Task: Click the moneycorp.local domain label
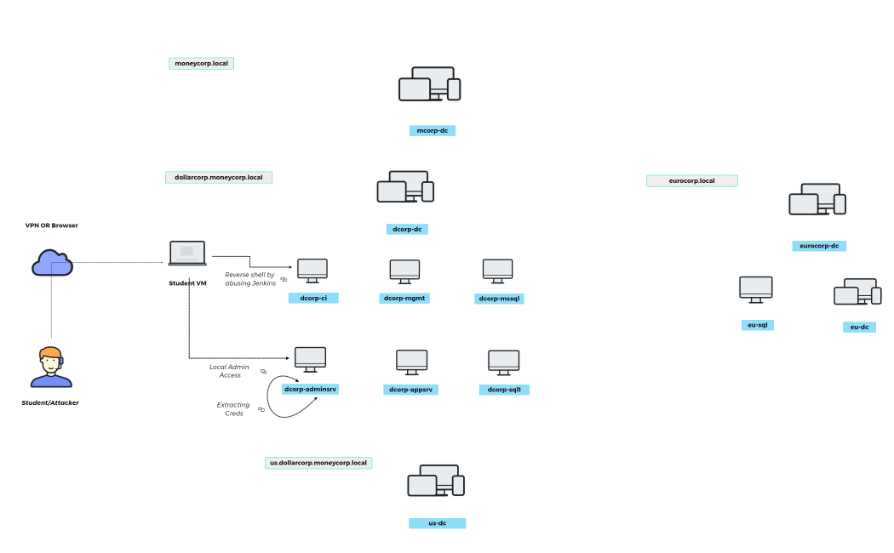coord(201,63)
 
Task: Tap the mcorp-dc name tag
coord(432,130)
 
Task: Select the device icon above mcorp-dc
coord(430,84)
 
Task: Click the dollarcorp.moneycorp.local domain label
coord(218,177)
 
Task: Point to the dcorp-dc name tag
coord(406,229)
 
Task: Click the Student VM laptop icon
coord(187,254)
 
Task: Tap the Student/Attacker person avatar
coord(50,367)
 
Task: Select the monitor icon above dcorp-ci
coord(312,271)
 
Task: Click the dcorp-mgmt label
coord(404,298)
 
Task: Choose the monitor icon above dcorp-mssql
coord(498,270)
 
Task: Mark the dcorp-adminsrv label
coord(310,389)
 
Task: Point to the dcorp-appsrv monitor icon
coord(411,362)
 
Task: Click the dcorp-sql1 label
coord(504,390)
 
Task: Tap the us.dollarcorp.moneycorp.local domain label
coord(318,463)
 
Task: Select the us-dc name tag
coord(438,523)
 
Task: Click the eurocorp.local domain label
coord(691,180)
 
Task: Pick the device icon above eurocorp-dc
coord(817,199)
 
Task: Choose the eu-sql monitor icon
coord(756,288)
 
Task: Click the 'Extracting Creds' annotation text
coord(233,409)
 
